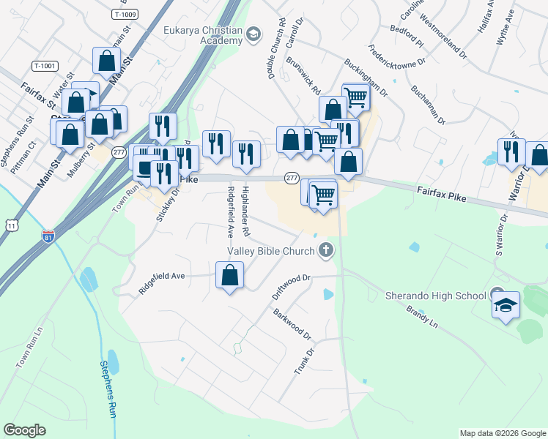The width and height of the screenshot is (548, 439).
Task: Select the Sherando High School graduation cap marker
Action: tap(506, 304)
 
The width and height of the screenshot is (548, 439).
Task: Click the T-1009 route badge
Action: tap(125, 14)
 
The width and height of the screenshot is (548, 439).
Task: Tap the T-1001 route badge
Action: tap(45, 66)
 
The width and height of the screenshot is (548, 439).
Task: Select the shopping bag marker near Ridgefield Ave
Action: tap(230, 277)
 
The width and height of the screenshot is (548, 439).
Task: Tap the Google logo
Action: tap(24, 430)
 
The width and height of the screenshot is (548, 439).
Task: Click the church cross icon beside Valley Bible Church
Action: tap(326, 252)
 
